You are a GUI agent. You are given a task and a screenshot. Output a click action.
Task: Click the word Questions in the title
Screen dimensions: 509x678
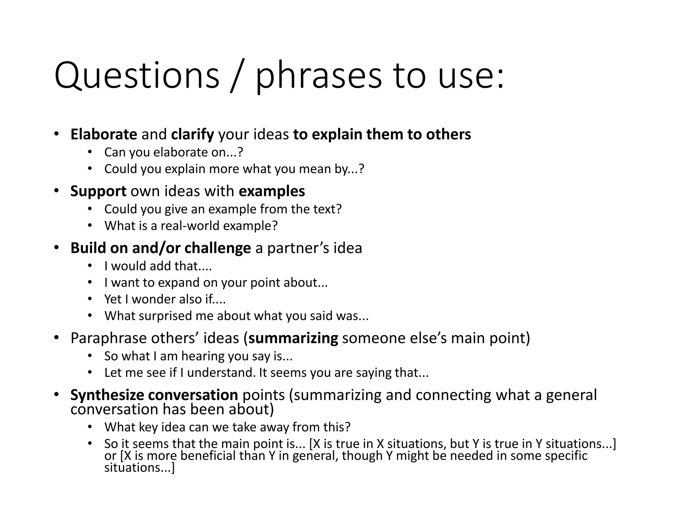137,76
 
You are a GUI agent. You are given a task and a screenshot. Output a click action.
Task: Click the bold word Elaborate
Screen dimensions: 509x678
104,134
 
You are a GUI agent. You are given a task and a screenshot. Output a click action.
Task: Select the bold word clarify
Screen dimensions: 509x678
192,135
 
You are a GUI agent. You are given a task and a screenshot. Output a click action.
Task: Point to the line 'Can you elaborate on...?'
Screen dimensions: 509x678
173,152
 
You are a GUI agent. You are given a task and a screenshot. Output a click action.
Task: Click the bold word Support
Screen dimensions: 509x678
98,191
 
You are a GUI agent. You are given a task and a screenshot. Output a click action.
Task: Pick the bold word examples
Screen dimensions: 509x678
272,191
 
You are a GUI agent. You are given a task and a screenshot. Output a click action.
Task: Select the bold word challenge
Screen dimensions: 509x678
218,248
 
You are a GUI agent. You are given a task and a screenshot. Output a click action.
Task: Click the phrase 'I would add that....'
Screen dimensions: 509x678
158,266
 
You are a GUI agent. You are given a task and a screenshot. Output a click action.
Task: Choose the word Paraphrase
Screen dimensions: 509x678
108,338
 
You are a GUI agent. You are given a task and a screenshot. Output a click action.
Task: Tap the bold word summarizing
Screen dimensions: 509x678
293,338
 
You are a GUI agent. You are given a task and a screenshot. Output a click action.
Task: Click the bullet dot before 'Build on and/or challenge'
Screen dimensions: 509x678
56,248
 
